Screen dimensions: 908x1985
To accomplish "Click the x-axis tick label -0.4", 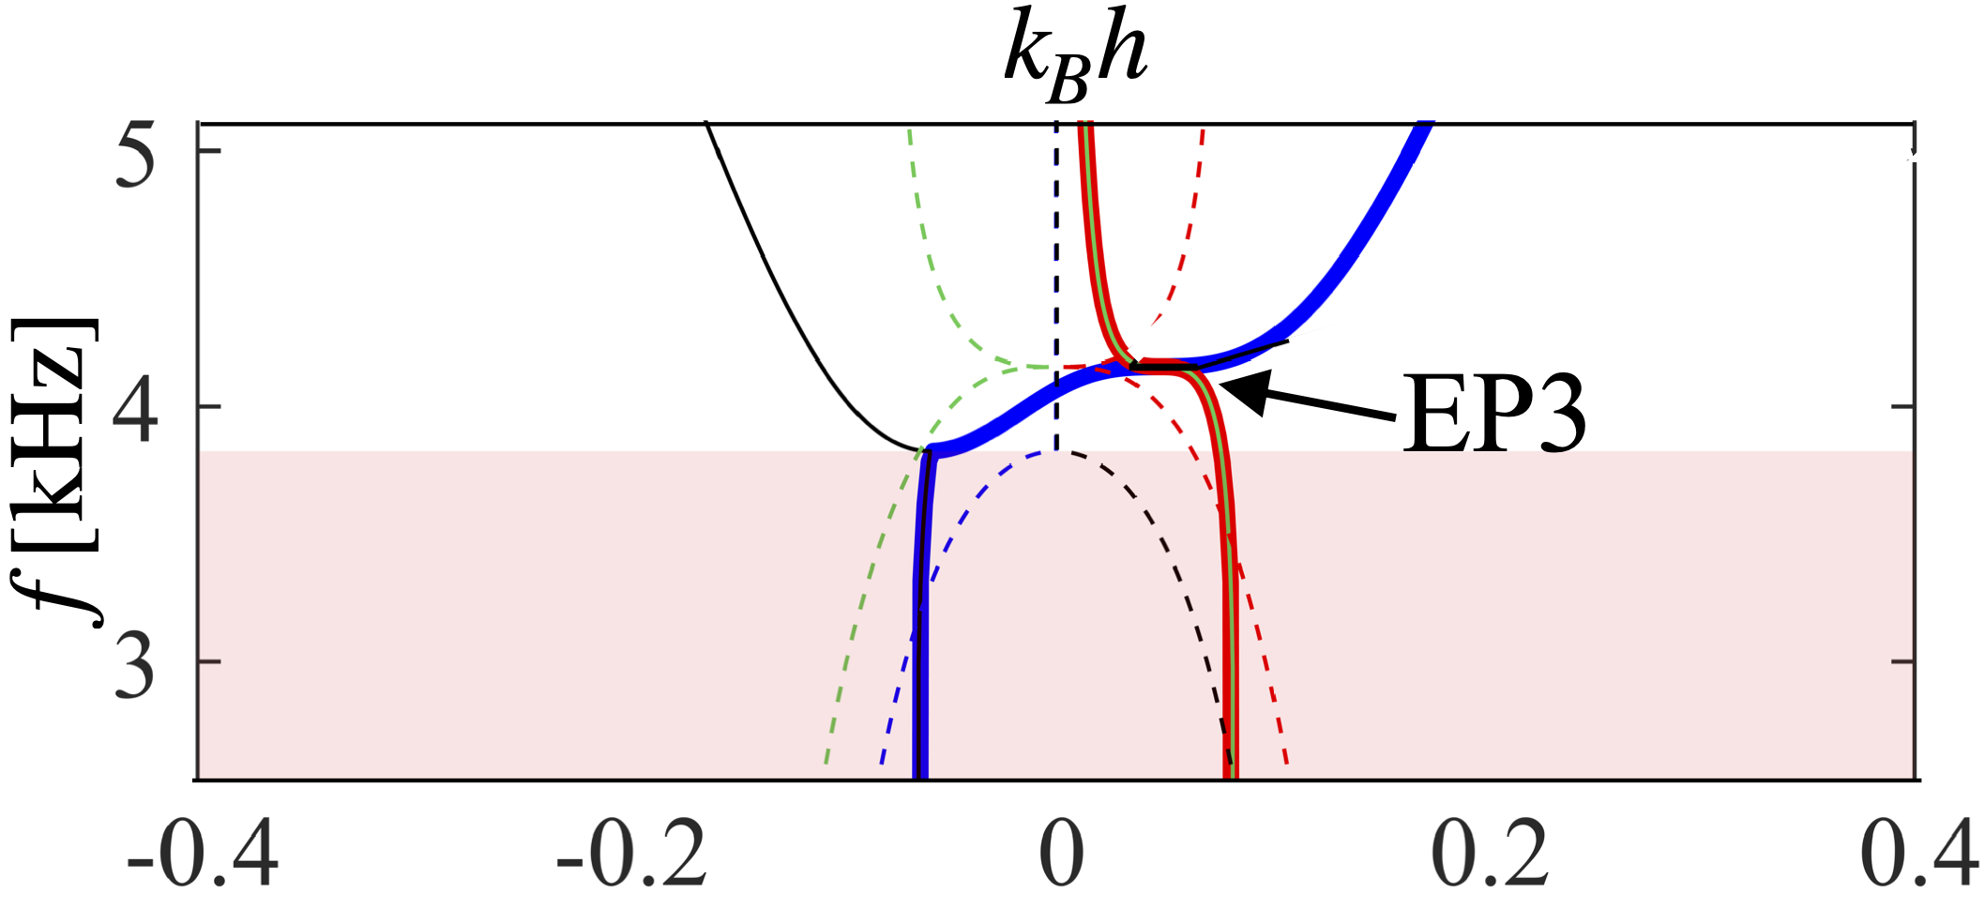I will [x=202, y=855].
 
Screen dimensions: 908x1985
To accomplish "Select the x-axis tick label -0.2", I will [x=631, y=855].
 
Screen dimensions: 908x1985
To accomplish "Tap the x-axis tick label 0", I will [x=1061, y=855].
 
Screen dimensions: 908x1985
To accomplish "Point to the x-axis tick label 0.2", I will [x=1491, y=855].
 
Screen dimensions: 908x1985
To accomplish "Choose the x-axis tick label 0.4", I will [x=1919, y=855].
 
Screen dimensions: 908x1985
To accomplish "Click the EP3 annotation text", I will [x=1493, y=415].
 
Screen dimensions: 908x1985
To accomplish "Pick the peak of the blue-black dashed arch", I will [x=1057, y=452].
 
